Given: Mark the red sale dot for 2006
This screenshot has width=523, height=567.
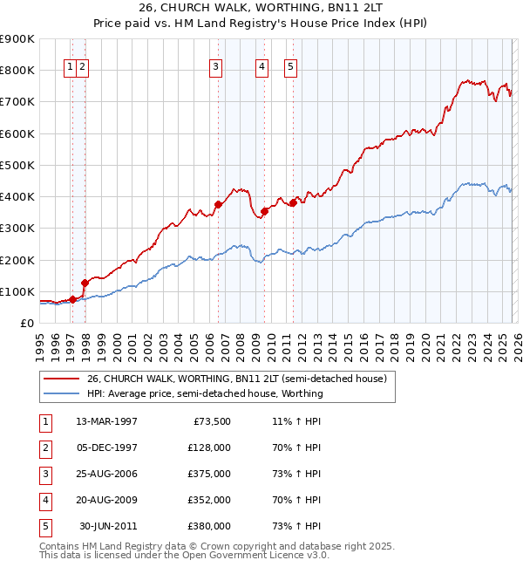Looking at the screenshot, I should tap(218, 204).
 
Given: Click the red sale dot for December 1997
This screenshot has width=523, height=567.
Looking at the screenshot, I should tap(85, 282).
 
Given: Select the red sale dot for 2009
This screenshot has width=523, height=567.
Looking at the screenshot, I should tap(264, 211).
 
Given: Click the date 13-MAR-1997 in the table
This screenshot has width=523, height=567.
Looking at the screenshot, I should tap(106, 421).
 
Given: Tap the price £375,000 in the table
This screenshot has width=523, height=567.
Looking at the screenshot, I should tap(208, 474).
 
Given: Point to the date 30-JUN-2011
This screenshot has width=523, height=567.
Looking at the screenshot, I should tap(108, 526).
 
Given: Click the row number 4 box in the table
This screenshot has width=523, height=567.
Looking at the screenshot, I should tap(44, 500).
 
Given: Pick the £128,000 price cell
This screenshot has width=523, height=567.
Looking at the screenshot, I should tap(208, 447).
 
